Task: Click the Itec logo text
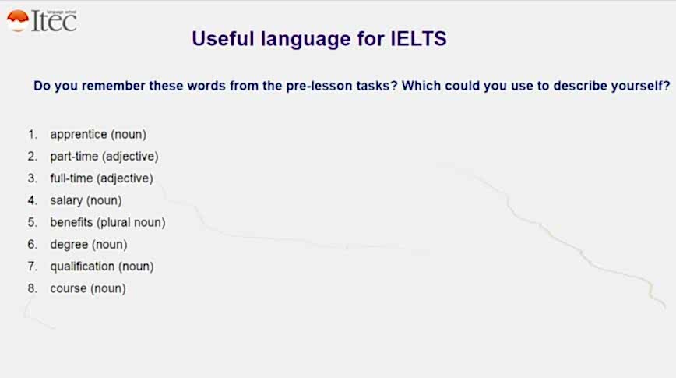(55, 21)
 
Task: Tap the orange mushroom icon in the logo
(18, 21)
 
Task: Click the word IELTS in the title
(418, 39)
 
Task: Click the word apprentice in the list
(79, 135)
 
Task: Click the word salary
(66, 200)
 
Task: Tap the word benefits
(71, 222)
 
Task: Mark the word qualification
(83, 267)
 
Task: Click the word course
(68, 288)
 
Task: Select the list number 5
(33, 222)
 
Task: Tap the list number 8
(33, 288)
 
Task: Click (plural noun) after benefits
(131, 223)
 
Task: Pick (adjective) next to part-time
(131, 157)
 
